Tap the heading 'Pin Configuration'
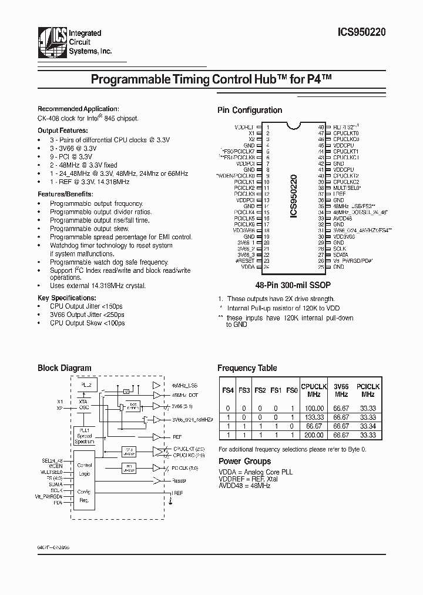250,110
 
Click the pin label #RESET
247,260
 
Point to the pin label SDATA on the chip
340,255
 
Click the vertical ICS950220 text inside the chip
293,196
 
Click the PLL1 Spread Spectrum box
86,436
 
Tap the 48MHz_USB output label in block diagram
186,385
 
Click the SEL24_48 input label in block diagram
52,460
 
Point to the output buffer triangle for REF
157,437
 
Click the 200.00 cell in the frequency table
314,435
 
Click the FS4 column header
227,389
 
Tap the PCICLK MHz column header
368,390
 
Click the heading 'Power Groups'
244,462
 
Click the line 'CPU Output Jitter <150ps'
87,307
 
